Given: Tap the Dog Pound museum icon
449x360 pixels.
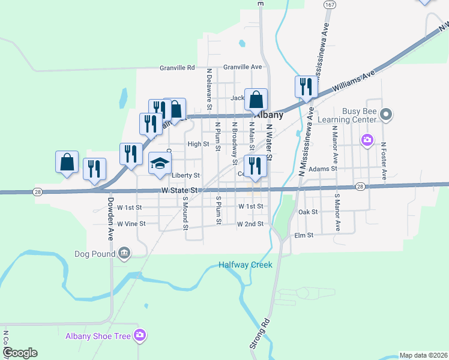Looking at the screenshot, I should coord(124,253).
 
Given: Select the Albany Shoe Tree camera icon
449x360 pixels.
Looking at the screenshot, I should coord(140,335).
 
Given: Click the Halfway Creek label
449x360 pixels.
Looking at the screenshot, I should coord(245,265).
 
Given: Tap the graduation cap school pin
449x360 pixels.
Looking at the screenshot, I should coord(160,164).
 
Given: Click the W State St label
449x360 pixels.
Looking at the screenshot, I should coord(179,190).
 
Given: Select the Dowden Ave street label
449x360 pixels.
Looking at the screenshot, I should coord(111,216).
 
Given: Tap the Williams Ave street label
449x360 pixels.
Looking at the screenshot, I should coord(354,82).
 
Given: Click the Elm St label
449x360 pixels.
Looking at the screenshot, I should coord(304,236).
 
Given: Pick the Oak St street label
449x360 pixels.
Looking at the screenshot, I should coord(307,212).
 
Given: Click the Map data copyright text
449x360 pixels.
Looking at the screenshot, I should coord(423,355).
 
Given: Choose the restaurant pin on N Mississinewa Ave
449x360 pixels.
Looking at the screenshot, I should coord(306,87).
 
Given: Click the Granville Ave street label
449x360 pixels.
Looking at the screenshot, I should coord(243,67).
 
